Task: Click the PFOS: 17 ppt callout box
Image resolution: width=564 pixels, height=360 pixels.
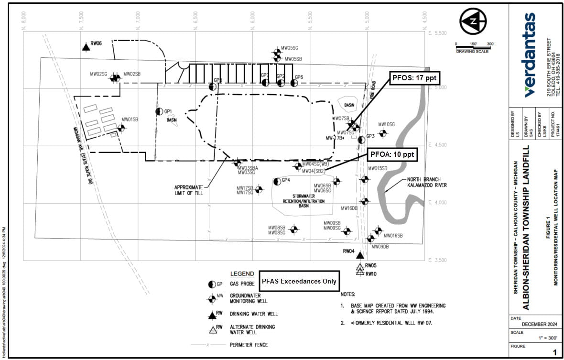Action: [x=414, y=77]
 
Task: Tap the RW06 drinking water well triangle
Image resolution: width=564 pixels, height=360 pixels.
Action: [x=86, y=46]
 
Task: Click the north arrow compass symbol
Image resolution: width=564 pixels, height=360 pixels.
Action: [x=473, y=21]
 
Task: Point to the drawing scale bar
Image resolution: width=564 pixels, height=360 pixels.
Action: [x=475, y=47]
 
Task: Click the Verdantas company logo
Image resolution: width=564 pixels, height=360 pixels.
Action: [x=530, y=55]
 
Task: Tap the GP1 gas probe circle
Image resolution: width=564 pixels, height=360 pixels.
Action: [x=160, y=111]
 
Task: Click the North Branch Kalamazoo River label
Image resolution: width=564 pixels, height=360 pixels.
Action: [x=426, y=182]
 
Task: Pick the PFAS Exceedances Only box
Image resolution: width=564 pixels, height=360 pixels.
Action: [x=299, y=281]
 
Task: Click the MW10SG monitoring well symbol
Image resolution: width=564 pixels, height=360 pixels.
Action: [x=382, y=133]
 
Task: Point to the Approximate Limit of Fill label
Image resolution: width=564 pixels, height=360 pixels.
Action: [x=189, y=190]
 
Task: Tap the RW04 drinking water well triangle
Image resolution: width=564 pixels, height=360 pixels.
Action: [x=360, y=255]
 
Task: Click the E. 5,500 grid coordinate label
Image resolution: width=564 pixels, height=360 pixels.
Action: [x=437, y=33]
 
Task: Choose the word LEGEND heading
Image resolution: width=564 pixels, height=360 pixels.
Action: [x=242, y=274]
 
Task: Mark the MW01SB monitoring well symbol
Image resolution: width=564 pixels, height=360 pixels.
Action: [x=121, y=128]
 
